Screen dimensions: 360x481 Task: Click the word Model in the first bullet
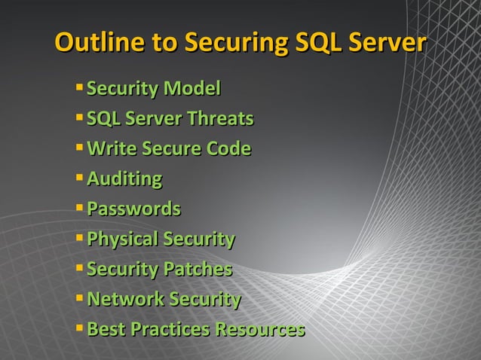click(193, 90)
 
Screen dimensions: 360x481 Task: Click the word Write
click(112, 149)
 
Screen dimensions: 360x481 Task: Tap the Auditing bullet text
click(124, 179)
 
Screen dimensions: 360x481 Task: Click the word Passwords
click(133, 209)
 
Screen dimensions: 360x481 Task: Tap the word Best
click(106, 329)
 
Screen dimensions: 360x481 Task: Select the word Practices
click(170, 329)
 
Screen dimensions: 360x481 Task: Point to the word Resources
click(260, 329)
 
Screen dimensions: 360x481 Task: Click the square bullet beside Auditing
click(79, 178)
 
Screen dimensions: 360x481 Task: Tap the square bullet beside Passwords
click(79, 207)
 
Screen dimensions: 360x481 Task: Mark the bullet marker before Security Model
click(79, 88)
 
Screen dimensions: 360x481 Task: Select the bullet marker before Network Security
click(79, 298)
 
